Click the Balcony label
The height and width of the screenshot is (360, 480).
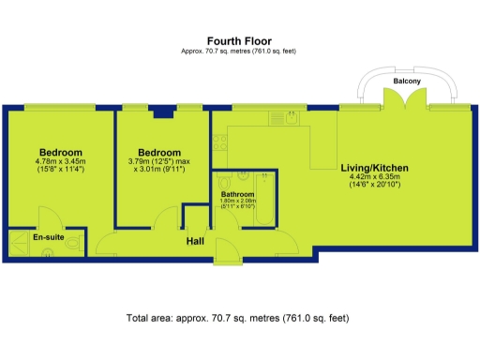pos(407,82)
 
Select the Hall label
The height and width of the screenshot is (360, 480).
pos(194,241)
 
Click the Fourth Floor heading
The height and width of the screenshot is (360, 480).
pos(238,40)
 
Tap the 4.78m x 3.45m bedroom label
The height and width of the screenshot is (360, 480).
pos(60,160)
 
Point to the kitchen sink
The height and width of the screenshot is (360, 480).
pos(278,120)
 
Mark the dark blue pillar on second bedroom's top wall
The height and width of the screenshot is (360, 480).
pos(164,112)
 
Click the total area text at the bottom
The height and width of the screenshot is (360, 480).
pos(238,320)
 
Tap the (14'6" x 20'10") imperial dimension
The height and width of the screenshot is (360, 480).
pos(374,185)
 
